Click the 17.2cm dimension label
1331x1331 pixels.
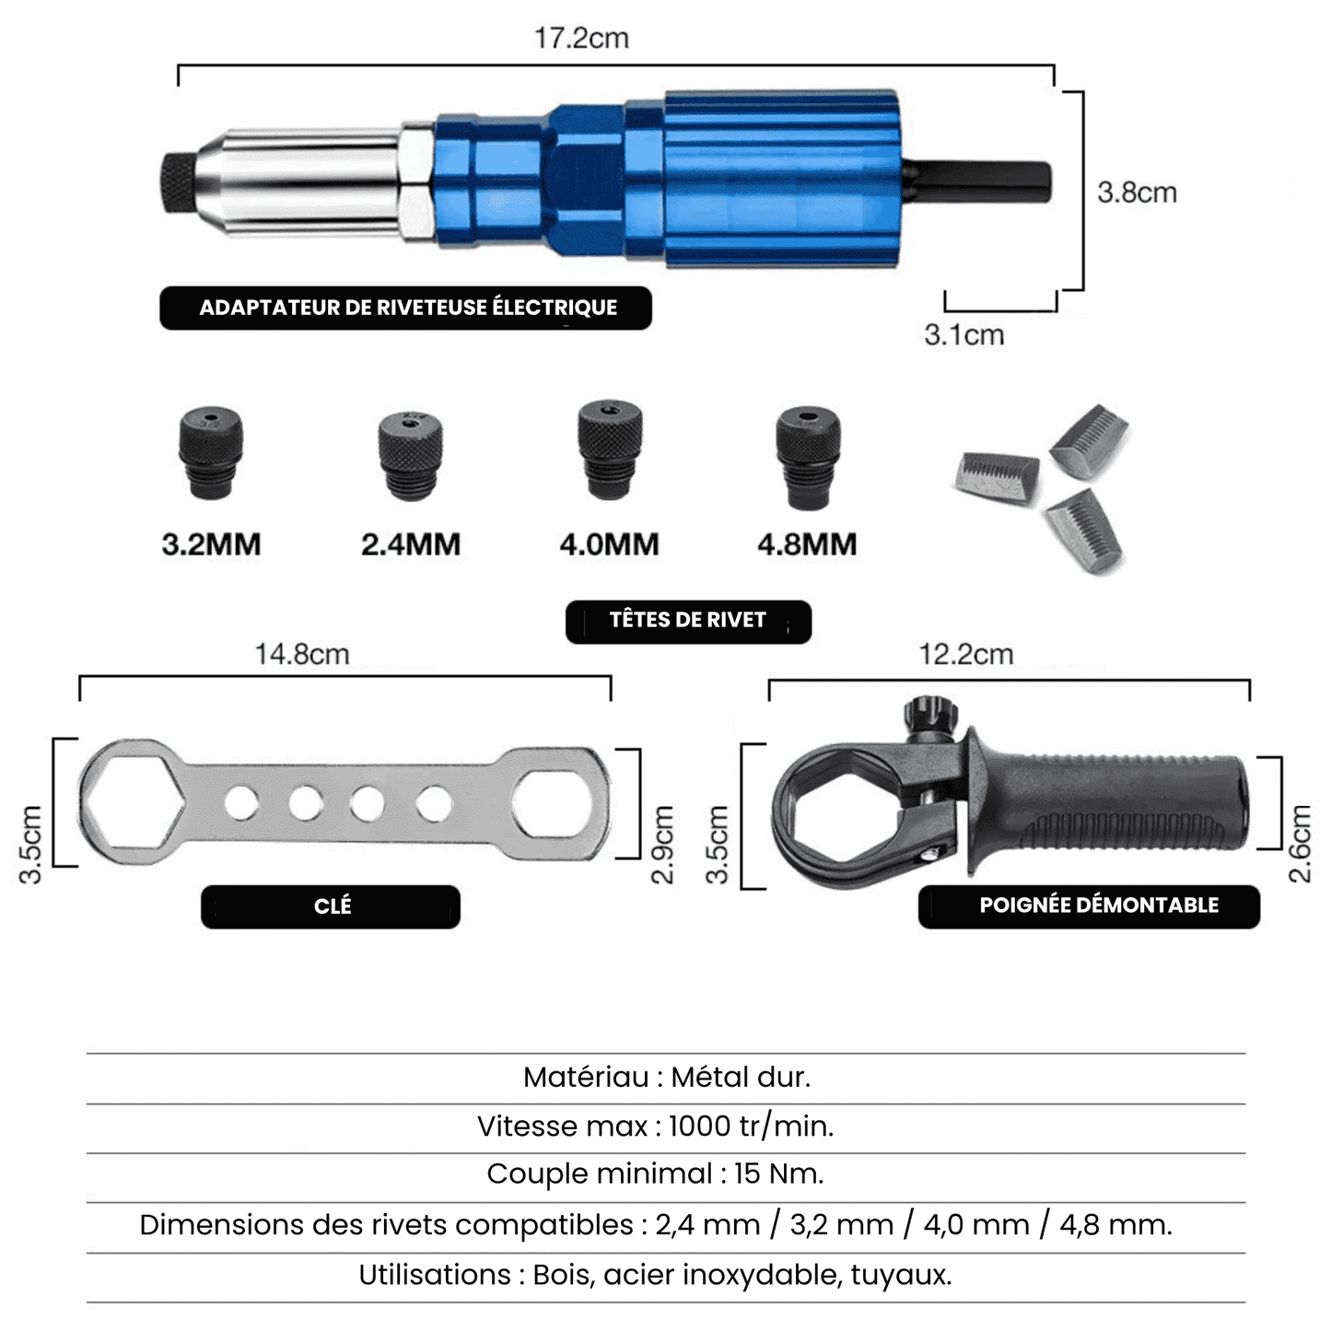pos(581,39)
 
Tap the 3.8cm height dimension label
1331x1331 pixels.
pos(1137,193)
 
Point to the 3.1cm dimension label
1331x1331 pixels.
pos(963,335)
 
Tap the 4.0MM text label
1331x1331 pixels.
pos(609,544)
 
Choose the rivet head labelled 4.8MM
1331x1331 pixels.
pos(807,455)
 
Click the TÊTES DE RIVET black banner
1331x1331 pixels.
pos(688,621)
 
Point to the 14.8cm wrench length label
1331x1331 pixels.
pos(302,655)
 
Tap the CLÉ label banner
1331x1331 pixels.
pos(331,906)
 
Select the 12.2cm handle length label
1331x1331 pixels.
pos(965,655)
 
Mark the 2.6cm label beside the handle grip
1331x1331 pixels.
pos(1299,844)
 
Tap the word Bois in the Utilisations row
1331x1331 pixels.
pos(563,1275)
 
